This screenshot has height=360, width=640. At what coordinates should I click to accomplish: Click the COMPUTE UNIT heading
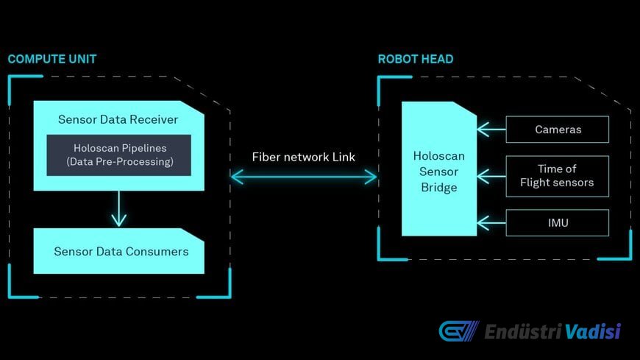pos(52,59)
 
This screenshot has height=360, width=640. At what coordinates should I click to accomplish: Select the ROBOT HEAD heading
pos(416,59)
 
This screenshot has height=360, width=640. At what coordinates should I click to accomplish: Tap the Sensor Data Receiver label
pos(118,119)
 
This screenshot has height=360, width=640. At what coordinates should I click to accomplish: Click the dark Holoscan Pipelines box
pos(118,155)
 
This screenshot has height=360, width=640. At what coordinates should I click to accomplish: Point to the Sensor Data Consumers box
pos(118,251)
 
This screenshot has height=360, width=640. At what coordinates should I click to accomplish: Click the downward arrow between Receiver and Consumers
pos(118,209)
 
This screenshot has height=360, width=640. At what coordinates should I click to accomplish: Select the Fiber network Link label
pos(303,157)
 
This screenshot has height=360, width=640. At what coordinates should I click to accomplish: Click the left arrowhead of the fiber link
pos(237,177)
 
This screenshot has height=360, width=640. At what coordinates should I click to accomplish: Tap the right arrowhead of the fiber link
pos(370,177)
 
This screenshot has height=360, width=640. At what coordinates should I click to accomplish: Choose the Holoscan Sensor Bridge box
pos(438,169)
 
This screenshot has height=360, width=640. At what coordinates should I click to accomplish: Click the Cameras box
pos(557,130)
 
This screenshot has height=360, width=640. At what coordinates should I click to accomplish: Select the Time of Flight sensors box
pos(557,176)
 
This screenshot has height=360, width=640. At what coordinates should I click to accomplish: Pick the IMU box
pos(557,223)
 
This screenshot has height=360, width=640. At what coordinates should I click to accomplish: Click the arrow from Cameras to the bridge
pos(491,130)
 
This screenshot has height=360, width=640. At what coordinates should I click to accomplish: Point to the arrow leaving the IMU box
pos(491,223)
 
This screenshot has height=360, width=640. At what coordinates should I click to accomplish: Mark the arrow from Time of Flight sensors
pos(491,176)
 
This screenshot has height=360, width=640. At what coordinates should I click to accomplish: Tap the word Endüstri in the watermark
pos(523,331)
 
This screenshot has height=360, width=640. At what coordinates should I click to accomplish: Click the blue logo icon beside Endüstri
pos(459,331)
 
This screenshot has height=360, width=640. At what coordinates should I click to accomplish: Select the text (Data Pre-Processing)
pos(120,162)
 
